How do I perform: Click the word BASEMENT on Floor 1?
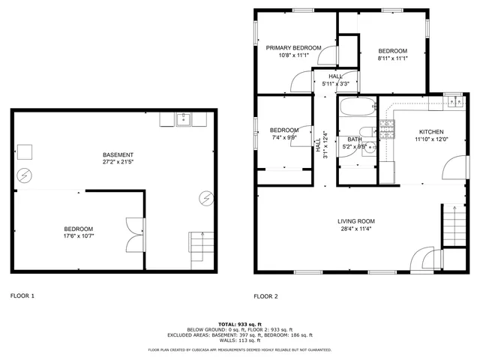point(118,155)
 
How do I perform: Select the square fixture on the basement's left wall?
point(25,151)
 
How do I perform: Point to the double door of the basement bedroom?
point(133,234)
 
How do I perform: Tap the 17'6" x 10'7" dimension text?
point(78,237)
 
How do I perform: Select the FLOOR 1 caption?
point(22,296)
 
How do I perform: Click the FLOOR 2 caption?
point(265,296)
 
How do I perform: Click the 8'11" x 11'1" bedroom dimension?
point(392,58)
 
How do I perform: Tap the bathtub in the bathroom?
point(356,108)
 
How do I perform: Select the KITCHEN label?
point(430,131)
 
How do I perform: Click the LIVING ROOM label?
point(356,220)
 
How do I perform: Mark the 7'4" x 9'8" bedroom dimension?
point(283,137)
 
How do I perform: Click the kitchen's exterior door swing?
point(454,166)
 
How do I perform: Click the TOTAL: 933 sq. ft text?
point(240,324)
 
